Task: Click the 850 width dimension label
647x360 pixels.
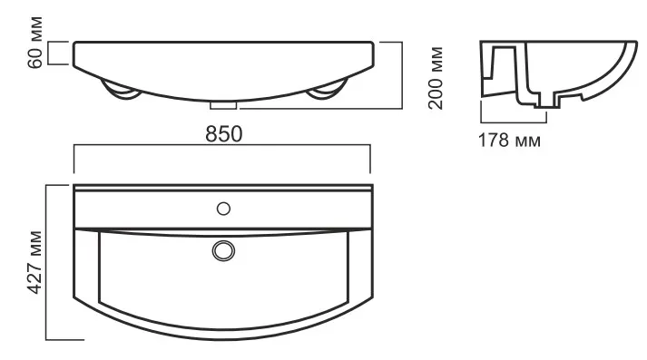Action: pyautogui.click(x=223, y=134)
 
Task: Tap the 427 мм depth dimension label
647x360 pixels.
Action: pyautogui.click(x=35, y=262)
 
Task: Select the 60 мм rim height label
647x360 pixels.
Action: pyautogui.click(x=35, y=42)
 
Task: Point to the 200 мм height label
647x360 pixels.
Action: pyautogui.click(x=436, y=78)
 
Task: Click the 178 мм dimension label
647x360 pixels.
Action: pyautogui.click(x=509, y=141)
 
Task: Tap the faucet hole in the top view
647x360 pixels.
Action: pyautogui.click(x=223, y=209)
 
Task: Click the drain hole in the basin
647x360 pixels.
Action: pyautogui.click(x=223, y=250)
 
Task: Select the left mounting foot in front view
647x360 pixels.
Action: pyautogui.click(x=121, y=92)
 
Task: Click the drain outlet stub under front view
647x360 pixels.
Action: pyautogui.click(x=223, y=105)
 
